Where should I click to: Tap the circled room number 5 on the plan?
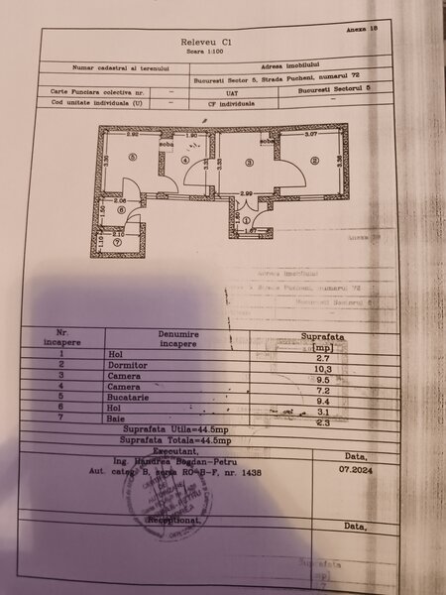[131, 159]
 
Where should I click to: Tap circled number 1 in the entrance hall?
[246, 220]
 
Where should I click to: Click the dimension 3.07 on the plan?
[310, 134]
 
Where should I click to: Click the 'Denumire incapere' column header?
[179, 340]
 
